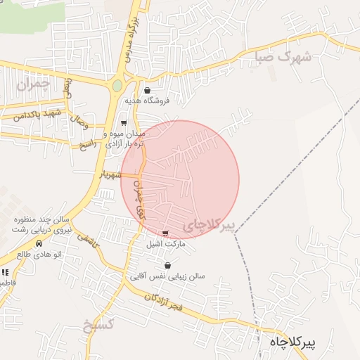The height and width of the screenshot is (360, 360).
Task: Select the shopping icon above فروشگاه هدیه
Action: pos(147,91)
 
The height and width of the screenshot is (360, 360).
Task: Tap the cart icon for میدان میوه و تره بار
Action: pos(124,122)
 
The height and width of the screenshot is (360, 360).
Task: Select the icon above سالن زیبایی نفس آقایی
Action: pos(167,266)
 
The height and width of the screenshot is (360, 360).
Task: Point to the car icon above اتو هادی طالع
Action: pos(39,243)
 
